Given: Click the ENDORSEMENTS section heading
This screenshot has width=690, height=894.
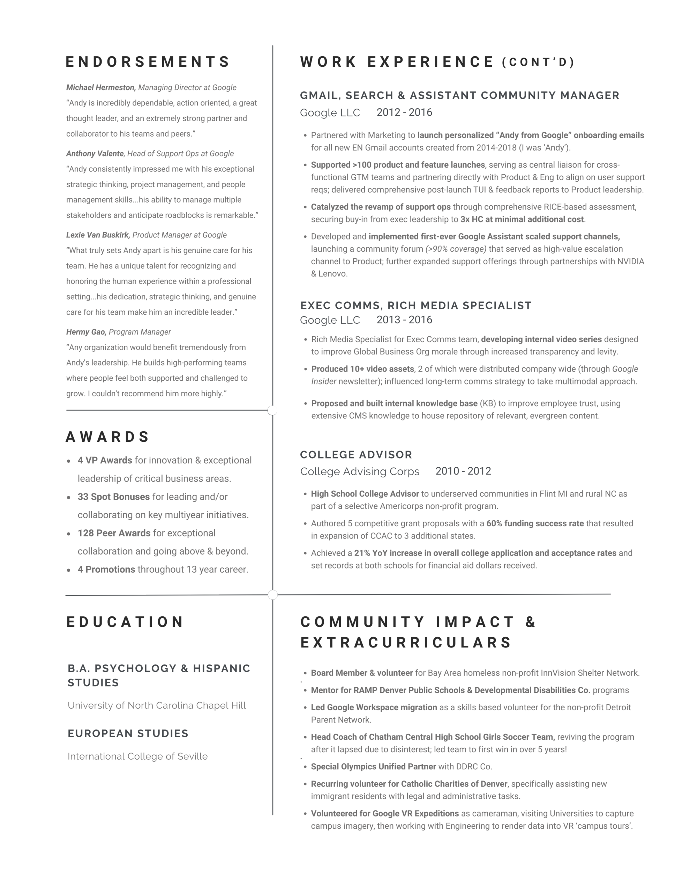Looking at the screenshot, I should tap(148, 62).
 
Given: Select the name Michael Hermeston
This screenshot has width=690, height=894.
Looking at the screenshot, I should tap(100, 88).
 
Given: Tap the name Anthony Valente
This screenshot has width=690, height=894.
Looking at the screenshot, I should tap(95, 154).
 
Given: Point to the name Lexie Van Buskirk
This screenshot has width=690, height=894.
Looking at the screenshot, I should tap(98, 235).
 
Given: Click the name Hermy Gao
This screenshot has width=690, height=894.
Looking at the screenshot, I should tap(86, 332).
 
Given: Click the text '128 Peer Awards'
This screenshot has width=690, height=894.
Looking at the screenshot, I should tap(114, 533).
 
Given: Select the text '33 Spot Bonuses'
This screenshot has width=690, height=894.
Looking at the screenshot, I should tap(114, 497).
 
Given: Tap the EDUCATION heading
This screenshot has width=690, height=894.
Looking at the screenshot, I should tap(125, 622).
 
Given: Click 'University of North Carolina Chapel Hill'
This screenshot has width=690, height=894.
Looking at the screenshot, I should tap(157, 705).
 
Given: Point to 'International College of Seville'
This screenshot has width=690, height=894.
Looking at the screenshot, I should tap(137, 756).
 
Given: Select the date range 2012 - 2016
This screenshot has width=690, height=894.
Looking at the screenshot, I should tap(404, 112).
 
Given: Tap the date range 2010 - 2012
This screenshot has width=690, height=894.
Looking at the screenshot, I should tap(463, 471).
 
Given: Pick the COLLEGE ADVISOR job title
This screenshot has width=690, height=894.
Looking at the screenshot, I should tap(356, 455).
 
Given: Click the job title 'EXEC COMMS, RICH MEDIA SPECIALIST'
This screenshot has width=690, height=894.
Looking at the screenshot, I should tap(415, 305).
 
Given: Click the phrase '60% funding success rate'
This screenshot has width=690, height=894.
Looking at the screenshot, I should tap(535, 523).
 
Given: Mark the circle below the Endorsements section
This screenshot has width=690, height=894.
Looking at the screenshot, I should tap(272, 410).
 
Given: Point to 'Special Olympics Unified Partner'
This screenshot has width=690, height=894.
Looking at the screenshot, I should tap(373, 767).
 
